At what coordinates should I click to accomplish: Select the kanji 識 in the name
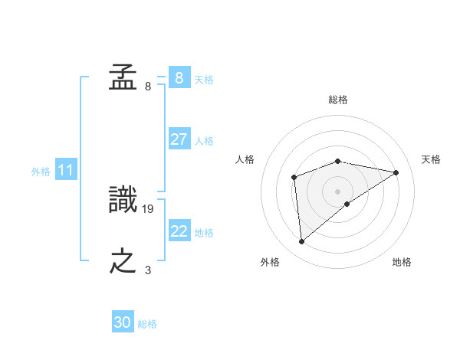coord(123,200)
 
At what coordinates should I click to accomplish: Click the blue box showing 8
coord(179,78)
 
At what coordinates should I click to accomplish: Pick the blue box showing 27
coord(179,139)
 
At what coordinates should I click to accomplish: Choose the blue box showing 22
coord(179,231)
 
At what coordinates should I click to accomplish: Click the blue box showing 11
coord(65,170)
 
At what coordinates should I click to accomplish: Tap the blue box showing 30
coord(123,322)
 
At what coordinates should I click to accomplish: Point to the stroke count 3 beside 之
coord(148,270)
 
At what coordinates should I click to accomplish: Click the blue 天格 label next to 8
coord(204,80)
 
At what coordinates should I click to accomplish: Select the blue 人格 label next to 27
coord(204,141)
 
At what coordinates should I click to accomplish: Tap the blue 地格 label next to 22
coord(204,233)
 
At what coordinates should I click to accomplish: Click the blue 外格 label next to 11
coord(41,172)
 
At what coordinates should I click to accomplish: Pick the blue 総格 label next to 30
coord(147,324)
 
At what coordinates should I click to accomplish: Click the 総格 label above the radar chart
coord(337,100)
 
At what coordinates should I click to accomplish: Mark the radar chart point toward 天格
coord(396,172)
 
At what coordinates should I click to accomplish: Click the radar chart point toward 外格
coord(302,242)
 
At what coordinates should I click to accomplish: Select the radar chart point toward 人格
coord(294,178)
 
